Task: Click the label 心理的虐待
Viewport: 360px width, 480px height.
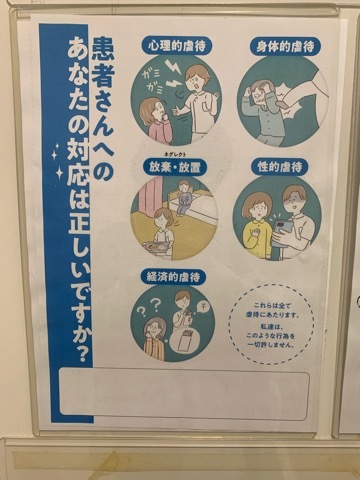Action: (x=176, y=46)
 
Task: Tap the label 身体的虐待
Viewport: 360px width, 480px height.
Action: (x=285, y=46)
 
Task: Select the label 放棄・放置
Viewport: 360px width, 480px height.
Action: (x=175, y=167)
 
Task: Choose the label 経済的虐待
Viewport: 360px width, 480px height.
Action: (x=174, y=277)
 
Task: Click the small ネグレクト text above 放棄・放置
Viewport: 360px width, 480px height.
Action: (x=174, y=154)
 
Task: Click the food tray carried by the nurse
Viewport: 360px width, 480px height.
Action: (x=157, y=248)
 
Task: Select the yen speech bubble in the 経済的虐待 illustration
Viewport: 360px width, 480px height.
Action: (x=202, y=306)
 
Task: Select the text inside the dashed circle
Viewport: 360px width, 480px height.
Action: (x=272, y=325)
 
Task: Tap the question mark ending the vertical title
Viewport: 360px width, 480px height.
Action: (x=82, y=354)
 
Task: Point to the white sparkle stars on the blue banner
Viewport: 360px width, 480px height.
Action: (x=59, y=160)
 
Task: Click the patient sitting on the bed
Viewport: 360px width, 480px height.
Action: (x=184, y=198)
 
